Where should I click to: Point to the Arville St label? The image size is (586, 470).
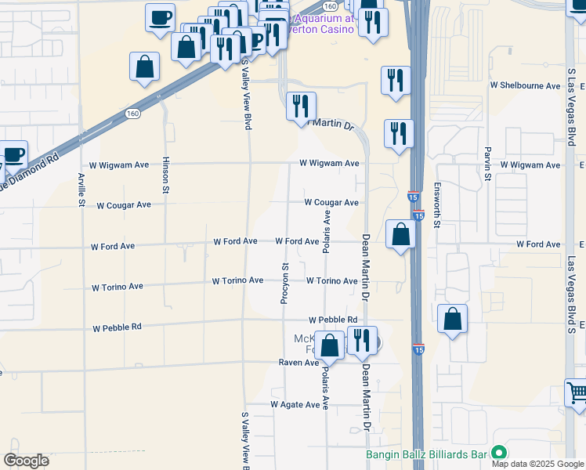(x=81, y=189)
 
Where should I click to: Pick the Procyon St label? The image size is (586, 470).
(x=285, y=284)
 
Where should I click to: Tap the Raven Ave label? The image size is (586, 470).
(x=298, y=363)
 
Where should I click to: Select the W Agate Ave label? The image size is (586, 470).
(x=295, y=404)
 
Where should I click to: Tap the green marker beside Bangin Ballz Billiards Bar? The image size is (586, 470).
(x=498, y=454)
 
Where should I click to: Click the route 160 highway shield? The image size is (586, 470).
(x=132, y=114)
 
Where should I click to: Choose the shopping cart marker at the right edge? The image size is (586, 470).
(x=576, y=392)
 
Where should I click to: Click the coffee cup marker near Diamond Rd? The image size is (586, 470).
(x=13, y=154)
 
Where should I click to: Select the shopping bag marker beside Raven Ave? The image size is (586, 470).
(x=330, y=345)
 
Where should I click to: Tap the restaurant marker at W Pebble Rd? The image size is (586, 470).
(x=361, y=340)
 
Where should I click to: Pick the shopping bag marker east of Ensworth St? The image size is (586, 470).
(x=453, y=319)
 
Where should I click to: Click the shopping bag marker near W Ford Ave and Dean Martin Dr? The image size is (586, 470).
(x=400, y=233)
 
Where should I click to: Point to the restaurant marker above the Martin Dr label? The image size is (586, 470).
(x=301, y=106)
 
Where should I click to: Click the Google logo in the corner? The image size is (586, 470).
(x=26, y=461)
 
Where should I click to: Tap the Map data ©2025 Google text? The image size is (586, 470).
(x=537, y=464)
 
